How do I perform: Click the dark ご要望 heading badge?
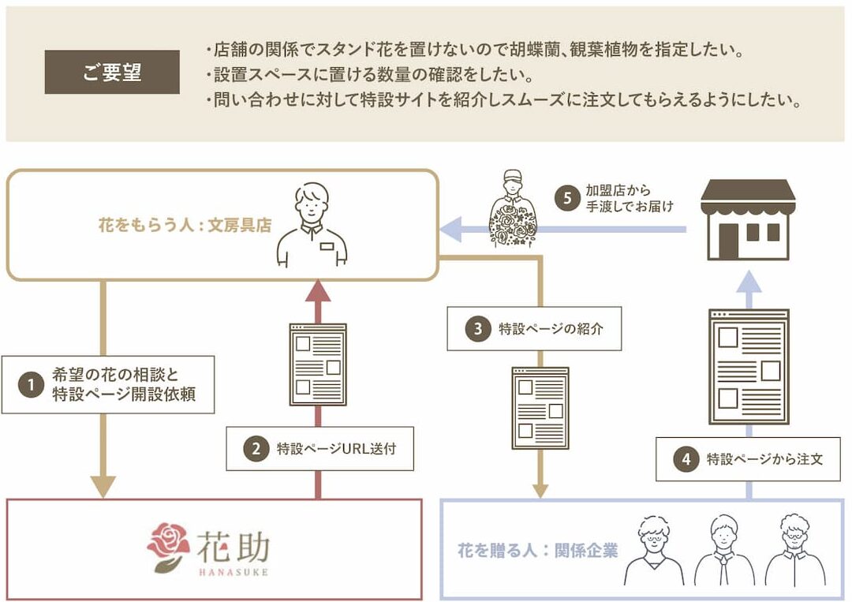112,73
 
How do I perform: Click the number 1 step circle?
31,386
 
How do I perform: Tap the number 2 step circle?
256,449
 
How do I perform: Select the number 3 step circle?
477,329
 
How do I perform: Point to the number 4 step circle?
686,458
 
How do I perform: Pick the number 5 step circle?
567,199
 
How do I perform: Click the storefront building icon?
748,219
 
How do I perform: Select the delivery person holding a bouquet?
513,208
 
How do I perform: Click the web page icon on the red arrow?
318,364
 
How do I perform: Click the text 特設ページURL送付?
336,449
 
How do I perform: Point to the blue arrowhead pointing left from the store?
450,230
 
